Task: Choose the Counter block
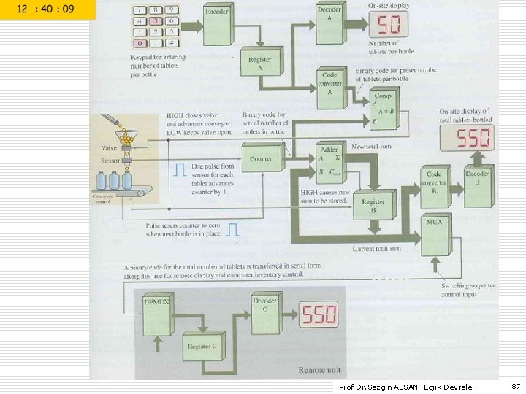(x=262, y=158)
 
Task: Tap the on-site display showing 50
(x=387, y=26)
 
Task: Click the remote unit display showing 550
(x=320, y=314)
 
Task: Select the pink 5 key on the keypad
(x=155, y=21)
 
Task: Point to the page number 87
(x=516, y=385)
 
